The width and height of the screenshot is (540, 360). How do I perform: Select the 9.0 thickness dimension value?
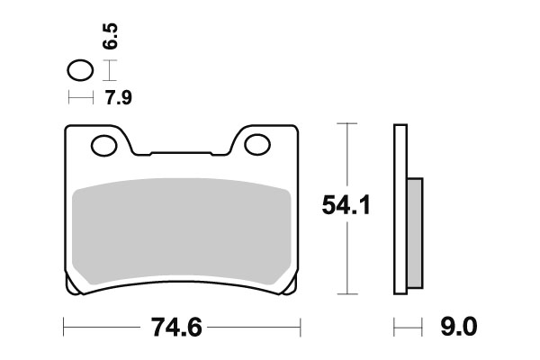click(458, 327)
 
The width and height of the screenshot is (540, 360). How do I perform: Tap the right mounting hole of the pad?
click(256, 143)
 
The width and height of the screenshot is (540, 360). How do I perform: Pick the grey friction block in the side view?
click(415, 229)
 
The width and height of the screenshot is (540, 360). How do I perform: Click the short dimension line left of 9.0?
click(408, 325)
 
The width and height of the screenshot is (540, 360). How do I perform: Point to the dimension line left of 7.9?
click(80, 97)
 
